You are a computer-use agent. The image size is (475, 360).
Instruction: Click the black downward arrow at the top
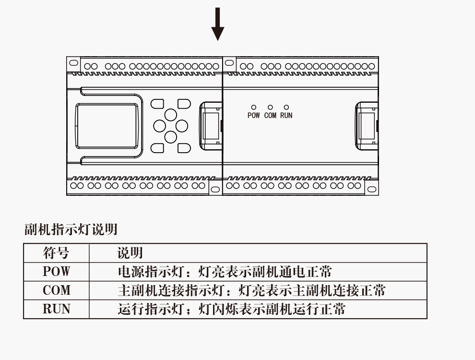[218, 24]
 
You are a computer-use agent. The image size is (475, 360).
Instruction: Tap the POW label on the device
[253, 116]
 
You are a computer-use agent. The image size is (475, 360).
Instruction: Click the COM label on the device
[270, 116]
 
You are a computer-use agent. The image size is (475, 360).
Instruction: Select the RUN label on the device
[286, 116]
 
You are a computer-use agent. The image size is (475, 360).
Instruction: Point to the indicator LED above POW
[254, 108]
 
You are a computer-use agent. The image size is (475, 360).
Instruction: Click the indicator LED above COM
[270, 108]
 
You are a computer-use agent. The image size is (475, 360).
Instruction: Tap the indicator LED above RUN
[286, 108]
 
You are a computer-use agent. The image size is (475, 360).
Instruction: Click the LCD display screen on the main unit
[107, 126]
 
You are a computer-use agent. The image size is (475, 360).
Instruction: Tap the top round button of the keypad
[171, 115]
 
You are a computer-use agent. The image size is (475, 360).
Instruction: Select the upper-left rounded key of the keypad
[157, 104]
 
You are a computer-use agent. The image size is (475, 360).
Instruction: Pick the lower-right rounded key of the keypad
[184, 148]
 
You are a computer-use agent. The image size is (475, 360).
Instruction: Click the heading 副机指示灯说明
[71, 229]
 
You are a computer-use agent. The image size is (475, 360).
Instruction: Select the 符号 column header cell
[56, 252]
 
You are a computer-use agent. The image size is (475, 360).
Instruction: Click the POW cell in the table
[56, 272]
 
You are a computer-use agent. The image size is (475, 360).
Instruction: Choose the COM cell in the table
[56, 290]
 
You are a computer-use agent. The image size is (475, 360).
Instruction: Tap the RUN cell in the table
[56, 309]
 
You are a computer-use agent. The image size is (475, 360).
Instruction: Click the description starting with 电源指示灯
[225, 272]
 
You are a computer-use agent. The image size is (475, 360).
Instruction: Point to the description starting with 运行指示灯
[231, 309]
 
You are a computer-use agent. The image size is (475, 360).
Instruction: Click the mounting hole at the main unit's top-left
[73, 63]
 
